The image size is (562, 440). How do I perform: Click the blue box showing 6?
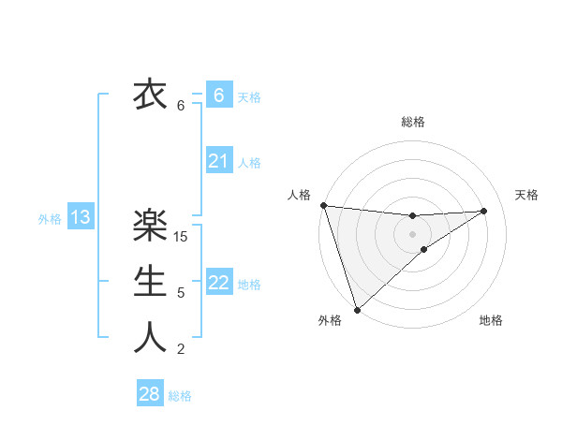click(218, 95)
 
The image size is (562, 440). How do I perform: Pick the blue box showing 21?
click(218, 161)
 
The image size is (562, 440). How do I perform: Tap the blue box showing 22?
click(218, 283)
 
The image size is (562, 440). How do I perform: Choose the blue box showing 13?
click(81, 218)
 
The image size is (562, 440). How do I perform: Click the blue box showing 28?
click(150, 394)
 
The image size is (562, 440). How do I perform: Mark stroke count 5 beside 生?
click(181, 293)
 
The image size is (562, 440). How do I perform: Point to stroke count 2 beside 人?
click(181, 349)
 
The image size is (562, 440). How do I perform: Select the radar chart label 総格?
click(413, 122)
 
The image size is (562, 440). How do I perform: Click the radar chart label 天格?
click(526, 195)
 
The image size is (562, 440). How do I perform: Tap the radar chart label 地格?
click(491, 320)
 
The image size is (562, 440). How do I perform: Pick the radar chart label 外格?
click(330, 320)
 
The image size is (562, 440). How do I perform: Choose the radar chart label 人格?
click(299, 195)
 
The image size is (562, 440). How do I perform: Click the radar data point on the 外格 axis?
click(357, 309)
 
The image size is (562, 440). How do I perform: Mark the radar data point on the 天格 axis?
click(484, 211)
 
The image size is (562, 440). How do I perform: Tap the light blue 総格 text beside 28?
click(180, 396)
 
